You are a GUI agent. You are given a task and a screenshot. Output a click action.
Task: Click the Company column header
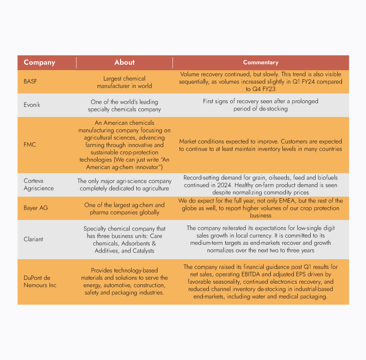[x=39, y=62]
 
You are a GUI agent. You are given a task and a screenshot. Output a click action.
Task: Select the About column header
[x=124, y=62]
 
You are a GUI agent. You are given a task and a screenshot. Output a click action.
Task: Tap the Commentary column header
[x=260, y=62]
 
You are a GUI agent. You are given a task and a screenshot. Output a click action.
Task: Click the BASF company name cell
[x=30, y=82]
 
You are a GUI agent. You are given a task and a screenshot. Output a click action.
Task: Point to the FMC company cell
[x=30, y=144]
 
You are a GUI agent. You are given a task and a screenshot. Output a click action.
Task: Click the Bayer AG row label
[x=36, y=208]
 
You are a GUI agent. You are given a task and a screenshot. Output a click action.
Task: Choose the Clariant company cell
[x=33, y=239]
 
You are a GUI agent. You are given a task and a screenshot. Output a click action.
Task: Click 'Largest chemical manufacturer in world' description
[x=124, y=82]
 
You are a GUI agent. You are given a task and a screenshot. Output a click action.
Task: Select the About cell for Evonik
[x=124, y=105]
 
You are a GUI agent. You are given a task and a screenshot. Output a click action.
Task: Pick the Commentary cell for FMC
[x=260, y=145]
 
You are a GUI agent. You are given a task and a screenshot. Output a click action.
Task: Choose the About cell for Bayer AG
[x=124, y=208]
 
